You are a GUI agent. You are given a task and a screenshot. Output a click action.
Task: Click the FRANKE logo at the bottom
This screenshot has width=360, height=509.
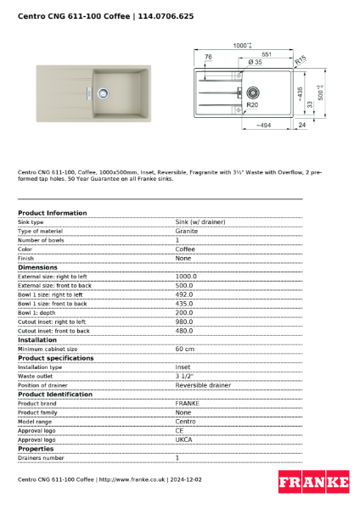[313, 482]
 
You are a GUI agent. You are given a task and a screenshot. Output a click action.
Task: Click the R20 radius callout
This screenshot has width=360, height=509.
[252, 105]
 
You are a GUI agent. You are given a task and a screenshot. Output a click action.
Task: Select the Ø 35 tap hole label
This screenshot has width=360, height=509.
[255, 63]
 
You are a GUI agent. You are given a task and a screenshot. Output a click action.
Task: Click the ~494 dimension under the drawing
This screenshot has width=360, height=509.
[263, 126]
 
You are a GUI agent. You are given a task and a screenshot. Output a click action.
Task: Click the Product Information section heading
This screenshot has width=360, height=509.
[52, 213]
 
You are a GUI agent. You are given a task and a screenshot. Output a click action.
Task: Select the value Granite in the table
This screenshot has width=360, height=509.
[187, 231]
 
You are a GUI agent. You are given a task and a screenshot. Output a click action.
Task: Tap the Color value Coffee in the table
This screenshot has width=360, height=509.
[185, 249]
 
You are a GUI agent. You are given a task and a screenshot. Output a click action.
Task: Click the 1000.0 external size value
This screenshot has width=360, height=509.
[185, 276]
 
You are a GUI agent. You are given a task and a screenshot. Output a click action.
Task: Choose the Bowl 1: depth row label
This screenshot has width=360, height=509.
[38, 312]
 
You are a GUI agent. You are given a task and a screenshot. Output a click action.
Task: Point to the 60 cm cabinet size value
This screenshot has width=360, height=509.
[184, 349]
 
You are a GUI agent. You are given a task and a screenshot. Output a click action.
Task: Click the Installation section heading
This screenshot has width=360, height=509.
[37, 339]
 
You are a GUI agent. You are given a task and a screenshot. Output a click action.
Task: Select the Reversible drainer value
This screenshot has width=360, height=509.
[203, 385]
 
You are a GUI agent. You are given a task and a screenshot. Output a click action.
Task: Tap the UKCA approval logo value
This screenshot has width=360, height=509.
[183, 439]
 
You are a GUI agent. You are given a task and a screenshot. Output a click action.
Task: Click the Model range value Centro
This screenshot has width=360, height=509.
[185, 422]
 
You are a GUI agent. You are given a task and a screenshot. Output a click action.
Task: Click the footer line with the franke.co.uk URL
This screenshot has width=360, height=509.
[110, 479]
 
